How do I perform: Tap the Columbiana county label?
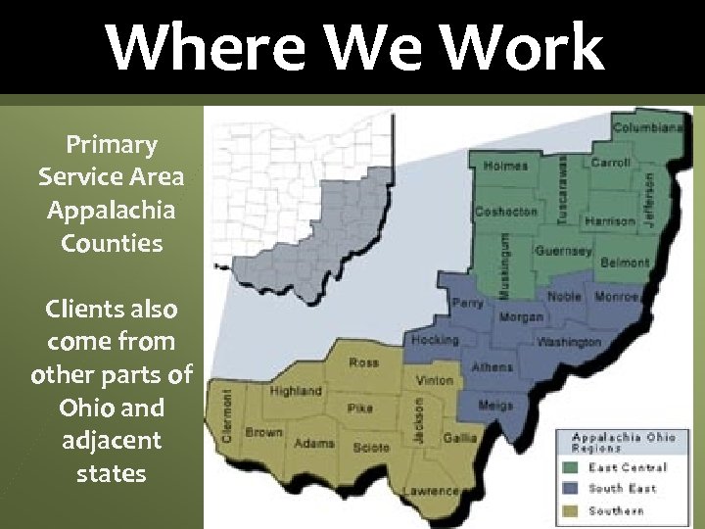click(x=648, y=127)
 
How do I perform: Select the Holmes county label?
click(x=504, y=167)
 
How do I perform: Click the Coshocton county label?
click(x=506, y=212)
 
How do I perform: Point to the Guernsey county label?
click(x=563, y=251)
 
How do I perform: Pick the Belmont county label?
click(x=625, y=263)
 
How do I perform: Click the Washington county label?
click(x=568, y=342)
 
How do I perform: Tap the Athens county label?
click(x=492, y=367)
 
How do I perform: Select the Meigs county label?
click(x=495, y=405)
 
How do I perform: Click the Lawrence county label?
click(x=432, y=490)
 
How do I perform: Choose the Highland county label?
click(x=296, y=391)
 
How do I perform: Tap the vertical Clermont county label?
click(x=227, y=415)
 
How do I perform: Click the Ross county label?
click(x=363, y=362)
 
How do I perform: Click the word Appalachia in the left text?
click(x=112, y=210)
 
